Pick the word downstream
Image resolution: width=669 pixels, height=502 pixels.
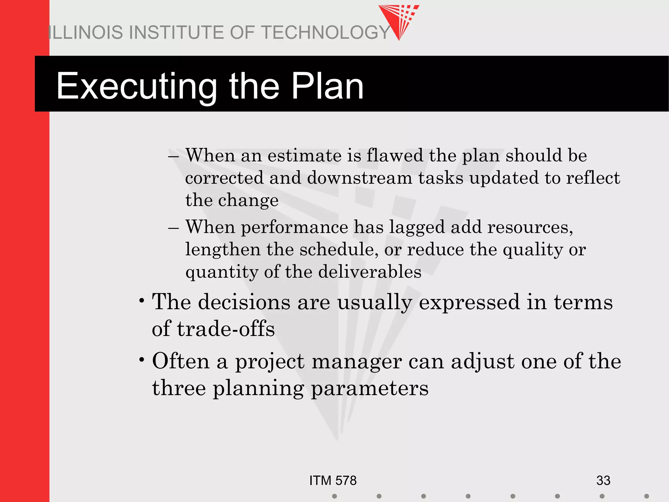[x=359, y=178]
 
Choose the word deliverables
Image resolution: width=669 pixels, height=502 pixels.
[x=369, y=272]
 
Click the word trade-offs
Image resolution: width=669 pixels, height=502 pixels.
[x=226, y=329]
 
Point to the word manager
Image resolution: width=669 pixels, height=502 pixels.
[x=357, y=362]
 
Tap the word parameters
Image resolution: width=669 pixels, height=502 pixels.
[x=369, y=389]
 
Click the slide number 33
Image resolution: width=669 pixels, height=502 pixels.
[x=603, y=480]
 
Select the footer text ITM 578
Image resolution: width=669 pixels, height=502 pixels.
[x=333, y=480]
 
